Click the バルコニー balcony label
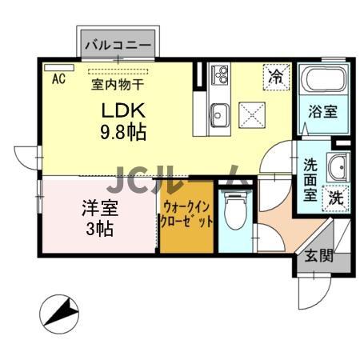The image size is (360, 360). coord(117,46)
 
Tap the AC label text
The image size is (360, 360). coord(58,78)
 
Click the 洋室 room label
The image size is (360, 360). coord(100,210)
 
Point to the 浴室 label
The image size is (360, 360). coord(322,113)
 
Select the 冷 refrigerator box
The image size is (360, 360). coord(276,78)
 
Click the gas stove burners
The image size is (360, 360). coord(220,78)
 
